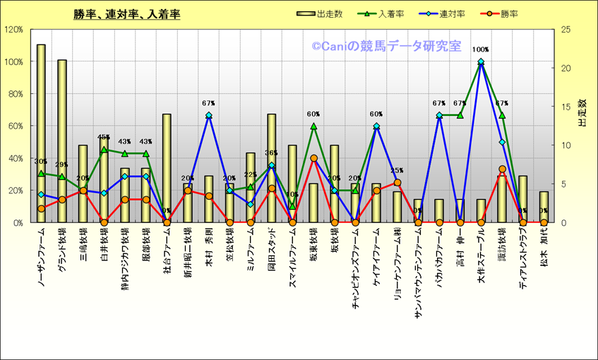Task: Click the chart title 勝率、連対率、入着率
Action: pos(126,14)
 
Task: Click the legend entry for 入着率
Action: pos(388,13)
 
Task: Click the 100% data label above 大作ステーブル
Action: pos(481,50)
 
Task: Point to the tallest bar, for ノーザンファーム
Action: pos(41,134)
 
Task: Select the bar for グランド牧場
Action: pos(62,141)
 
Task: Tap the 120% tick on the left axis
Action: pos(13,30)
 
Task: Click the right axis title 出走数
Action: pos(582,113)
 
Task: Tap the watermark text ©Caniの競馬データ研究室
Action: pos(386,47)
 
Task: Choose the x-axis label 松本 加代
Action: pos(544,244)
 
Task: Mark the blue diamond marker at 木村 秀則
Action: pos(209,115)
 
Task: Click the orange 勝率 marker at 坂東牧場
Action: pos(313,158)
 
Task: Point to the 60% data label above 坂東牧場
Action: pos(313,114)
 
